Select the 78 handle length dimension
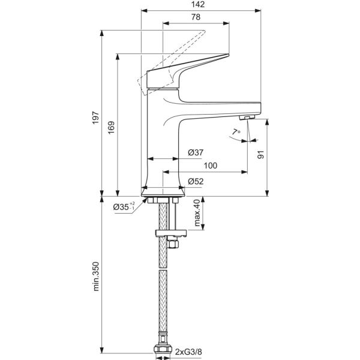point(196,17)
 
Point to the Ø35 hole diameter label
point(125,208)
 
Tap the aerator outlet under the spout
point(247,116)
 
